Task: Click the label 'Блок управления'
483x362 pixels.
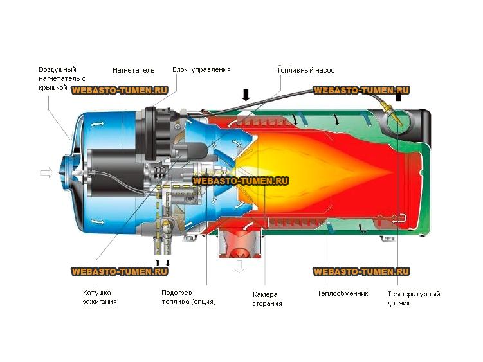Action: [x=201, y=69]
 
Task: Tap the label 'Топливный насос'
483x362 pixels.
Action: [x=305, y=70]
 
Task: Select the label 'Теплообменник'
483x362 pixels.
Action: [x=343, y=293]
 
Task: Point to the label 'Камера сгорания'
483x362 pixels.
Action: [x=267, y=299]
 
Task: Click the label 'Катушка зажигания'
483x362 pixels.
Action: [x=100, y=297]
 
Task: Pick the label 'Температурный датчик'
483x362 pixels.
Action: [x=414, y=298]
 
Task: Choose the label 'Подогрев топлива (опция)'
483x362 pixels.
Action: [x=188, y=297]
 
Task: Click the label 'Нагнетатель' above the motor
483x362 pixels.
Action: [x=133, y=70]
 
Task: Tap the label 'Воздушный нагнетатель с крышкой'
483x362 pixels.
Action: [x=62, y=78]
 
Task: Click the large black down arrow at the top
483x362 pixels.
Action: [x=246, y=95]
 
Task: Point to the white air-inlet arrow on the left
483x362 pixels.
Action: [x=47, y=173]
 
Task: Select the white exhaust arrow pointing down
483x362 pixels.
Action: [x=239, y=266]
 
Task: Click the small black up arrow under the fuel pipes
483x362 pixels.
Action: [x=158, y=263]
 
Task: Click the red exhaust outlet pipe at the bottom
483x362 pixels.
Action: [x=241, y=244]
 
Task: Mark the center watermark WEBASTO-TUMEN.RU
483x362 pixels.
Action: [x=241, y=181]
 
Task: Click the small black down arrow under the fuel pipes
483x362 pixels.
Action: [x=168, y=263]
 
